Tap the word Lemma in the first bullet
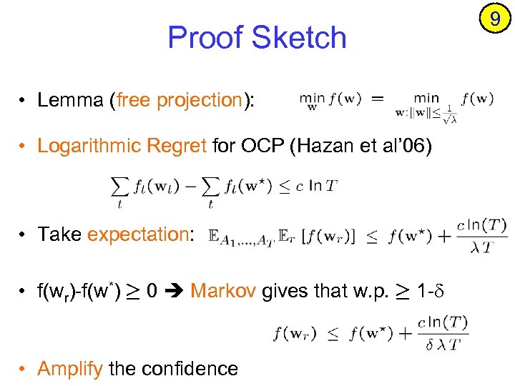[x=70, y=100]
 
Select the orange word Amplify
[x=71, y=368]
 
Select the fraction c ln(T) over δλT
[x=443, y=333]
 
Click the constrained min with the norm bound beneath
[x=426, y=105]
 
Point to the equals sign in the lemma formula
[x=378, y=99]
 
